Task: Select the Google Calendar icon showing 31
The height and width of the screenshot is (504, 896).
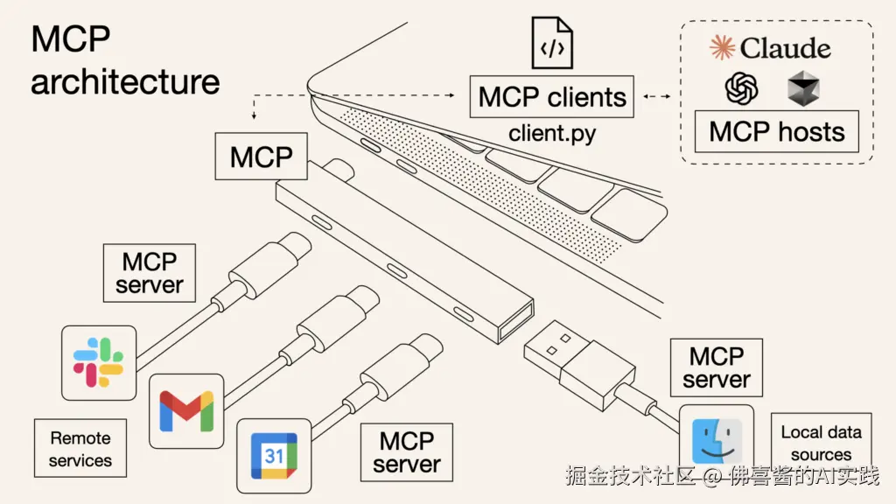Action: click(x=274, y=455)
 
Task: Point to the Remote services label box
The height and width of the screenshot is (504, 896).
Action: click(x=80, y=449)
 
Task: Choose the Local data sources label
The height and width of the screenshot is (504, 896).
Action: click(x=821, y=443)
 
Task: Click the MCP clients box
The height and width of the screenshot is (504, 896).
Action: click(x=552, y=97)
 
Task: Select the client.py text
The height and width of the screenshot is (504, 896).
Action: click(x=552, y=135)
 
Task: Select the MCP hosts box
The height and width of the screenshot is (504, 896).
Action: click(x=776, y=132)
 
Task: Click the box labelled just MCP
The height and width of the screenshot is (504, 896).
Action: click(x=261, y=157)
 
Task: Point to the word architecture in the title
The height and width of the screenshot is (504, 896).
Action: click(x=125, y=81)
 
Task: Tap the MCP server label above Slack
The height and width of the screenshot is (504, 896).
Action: click(x=150, y=273)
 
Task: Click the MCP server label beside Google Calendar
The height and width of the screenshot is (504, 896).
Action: click(x=407, y=451)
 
